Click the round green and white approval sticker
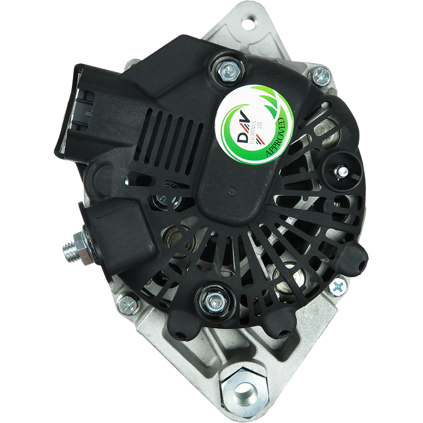[x=255, y=125]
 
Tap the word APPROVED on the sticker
[x=275, y=137]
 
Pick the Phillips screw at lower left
[x=128, y=305]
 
